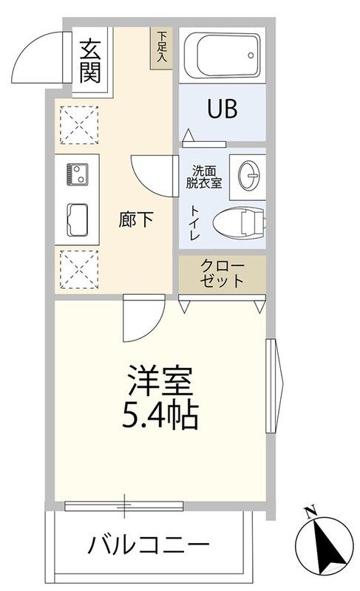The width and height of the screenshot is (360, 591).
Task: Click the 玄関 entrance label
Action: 90,61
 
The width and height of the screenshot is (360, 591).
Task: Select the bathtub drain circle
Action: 251,55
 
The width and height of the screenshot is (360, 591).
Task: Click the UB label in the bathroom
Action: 223,109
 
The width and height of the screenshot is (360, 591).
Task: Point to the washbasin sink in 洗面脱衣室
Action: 249,175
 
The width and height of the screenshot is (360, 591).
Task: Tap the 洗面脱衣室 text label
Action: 204,177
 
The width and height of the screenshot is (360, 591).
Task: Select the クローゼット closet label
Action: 222,273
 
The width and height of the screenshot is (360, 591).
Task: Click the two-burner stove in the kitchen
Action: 78,174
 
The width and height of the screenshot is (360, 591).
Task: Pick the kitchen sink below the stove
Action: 78,219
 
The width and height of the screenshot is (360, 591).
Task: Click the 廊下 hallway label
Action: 136,219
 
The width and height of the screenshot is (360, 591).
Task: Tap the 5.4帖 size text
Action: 160,415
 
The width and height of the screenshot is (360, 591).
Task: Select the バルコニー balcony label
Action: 148,544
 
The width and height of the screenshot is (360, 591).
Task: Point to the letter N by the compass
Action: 310,513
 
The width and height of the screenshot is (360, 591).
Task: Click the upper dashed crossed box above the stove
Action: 79,125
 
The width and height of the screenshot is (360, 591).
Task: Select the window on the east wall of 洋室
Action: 274,386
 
